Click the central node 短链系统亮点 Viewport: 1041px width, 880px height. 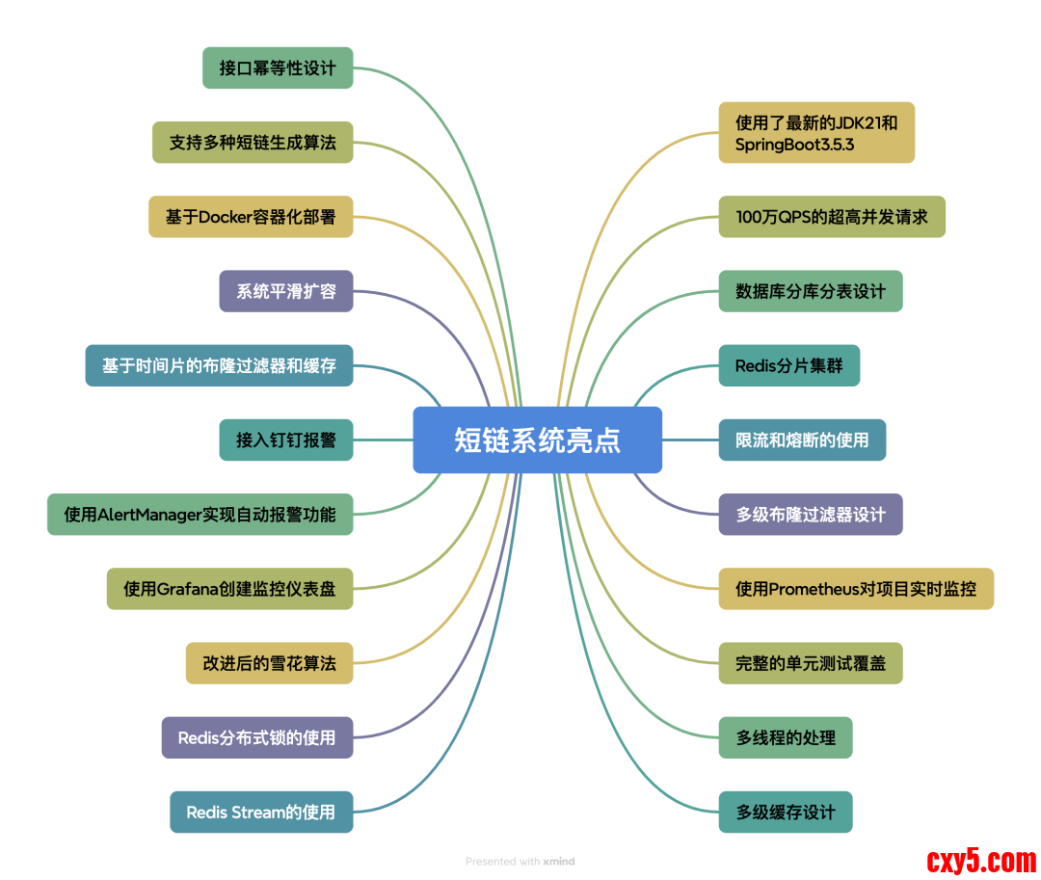click(x=537, y=440)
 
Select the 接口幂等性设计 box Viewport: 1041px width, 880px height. click(x=278, y=67)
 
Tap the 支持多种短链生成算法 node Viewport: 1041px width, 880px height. click(x=253, y=142)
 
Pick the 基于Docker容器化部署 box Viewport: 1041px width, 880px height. click(x=251, y=217)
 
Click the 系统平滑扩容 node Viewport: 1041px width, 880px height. click(x=286, y=291)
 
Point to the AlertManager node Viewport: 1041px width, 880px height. click(x=200, y=514)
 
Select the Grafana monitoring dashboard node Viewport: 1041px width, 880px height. click(x=229, y=588)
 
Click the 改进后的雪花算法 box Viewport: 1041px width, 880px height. click(x=270, y=663)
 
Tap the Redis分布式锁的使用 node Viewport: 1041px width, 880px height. click(x=257, y=737)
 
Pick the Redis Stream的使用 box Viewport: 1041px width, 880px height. click(x=261, y=812)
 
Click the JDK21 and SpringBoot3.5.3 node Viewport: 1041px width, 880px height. click(x=816, y=133)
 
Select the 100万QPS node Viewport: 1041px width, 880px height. click(x=832, y=217)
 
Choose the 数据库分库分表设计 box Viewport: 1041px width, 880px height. click(x=811, y=291)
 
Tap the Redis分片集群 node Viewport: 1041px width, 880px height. click(x=788, y=365)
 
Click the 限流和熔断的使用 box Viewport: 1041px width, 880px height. click(x=802, y=440)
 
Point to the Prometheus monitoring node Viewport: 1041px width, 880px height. click(x=856, y=588)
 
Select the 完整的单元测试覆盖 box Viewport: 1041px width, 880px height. click(x=811, y=663)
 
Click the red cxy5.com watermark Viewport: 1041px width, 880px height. click(x=981, y=860)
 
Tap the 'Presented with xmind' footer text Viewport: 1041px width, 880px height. click(x=520, y=861)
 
